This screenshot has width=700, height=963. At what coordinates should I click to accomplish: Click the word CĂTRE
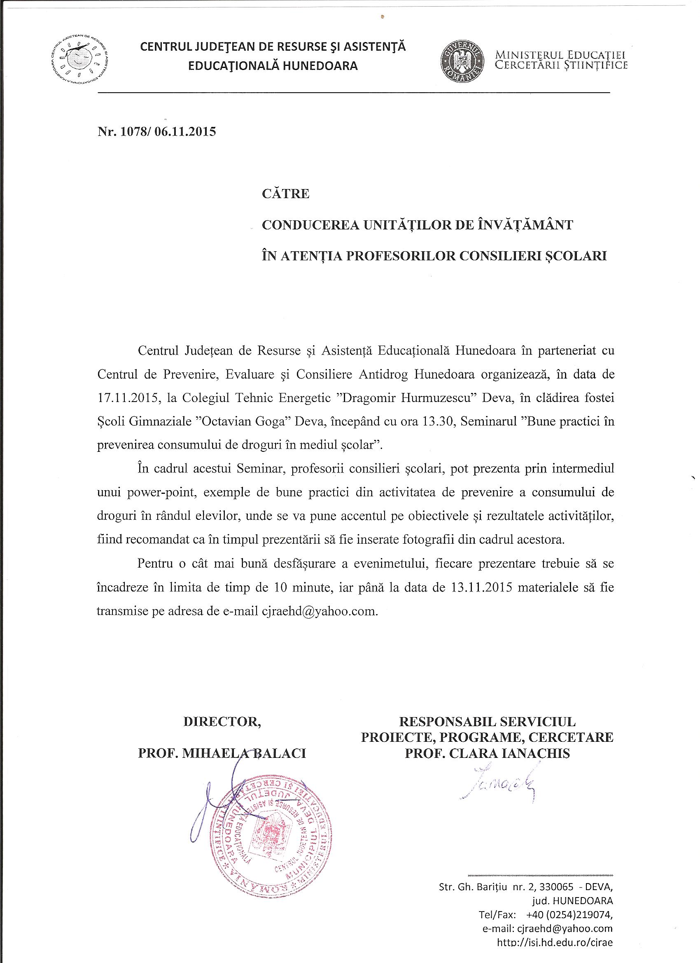[286, 194]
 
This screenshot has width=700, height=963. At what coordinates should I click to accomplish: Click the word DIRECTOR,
[222, 721]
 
